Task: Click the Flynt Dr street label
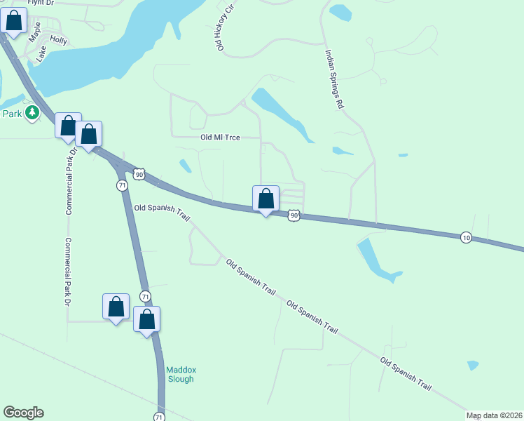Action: tap(41, 3)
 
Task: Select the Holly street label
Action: tap(58, 41)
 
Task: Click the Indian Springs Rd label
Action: tap(333, 77)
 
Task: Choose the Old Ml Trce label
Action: tap(220, 138)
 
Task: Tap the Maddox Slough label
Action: tap(180, 374)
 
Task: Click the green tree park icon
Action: tap(32, 113)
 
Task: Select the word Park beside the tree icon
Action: tap(11, 114)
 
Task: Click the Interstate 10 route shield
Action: tap(466, 238)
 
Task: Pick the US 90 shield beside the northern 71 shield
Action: tap(139, 174)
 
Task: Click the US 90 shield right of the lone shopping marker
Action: tap(294, 215)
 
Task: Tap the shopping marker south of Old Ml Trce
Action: tap(266, 199)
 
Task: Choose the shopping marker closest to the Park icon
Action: tap(68, 127)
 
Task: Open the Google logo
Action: tap(23, 413)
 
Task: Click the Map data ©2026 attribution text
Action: tap(494, 415)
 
